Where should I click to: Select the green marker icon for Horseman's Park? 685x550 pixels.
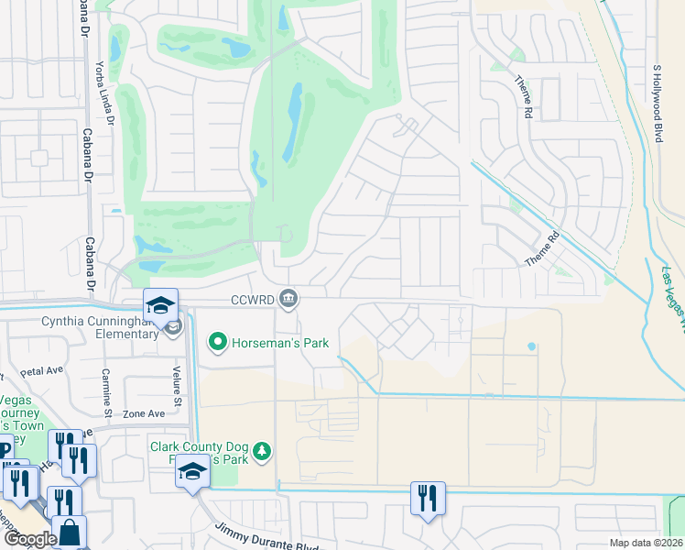click(218, 343)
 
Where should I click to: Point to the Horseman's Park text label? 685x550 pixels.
click(278, 344)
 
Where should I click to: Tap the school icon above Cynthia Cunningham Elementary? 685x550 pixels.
click(160, 303)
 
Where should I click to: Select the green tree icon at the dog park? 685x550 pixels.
click(263, 450)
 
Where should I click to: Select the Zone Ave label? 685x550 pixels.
click(144, 413)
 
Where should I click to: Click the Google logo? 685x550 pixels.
click(30, 539)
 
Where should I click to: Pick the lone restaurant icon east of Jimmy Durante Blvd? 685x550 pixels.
click(427, 498)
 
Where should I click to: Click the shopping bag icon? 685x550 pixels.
click(69, 532)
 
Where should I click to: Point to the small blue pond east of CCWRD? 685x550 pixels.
click(532, 346)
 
